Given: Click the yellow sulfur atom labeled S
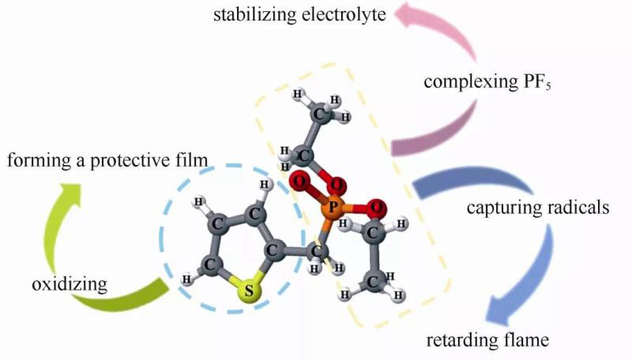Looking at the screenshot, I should point(250,291).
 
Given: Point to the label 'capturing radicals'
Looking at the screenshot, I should point(536,208).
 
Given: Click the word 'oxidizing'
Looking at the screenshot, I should point(70,283).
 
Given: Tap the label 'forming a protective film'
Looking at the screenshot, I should point(107,161).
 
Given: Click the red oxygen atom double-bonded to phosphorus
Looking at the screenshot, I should point(298,185).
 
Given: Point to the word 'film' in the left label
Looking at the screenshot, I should point(194,161).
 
